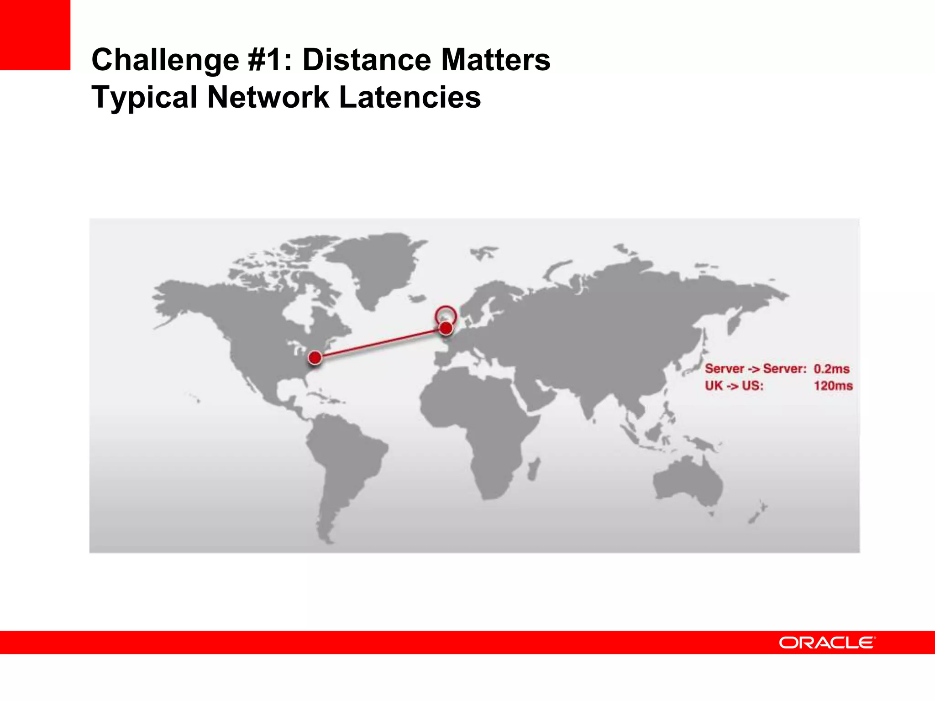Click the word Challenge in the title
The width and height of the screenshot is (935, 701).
(165, 60)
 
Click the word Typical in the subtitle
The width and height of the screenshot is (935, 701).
(144, 97)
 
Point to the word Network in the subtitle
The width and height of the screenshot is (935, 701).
(268, 97)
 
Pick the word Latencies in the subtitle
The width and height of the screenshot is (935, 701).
(410, 97)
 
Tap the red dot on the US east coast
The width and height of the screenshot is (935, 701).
(315, 357)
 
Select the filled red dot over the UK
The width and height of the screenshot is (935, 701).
(446, 328)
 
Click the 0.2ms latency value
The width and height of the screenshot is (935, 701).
(831, 369)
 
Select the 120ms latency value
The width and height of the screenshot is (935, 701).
(833, 386)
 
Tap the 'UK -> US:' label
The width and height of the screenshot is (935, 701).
(734, 386)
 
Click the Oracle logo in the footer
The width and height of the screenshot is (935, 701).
(827, 643)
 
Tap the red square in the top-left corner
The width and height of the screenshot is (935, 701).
(35, 35)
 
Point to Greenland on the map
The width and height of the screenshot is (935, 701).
(379, 265)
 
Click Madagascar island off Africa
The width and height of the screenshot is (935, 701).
(533, 469)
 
